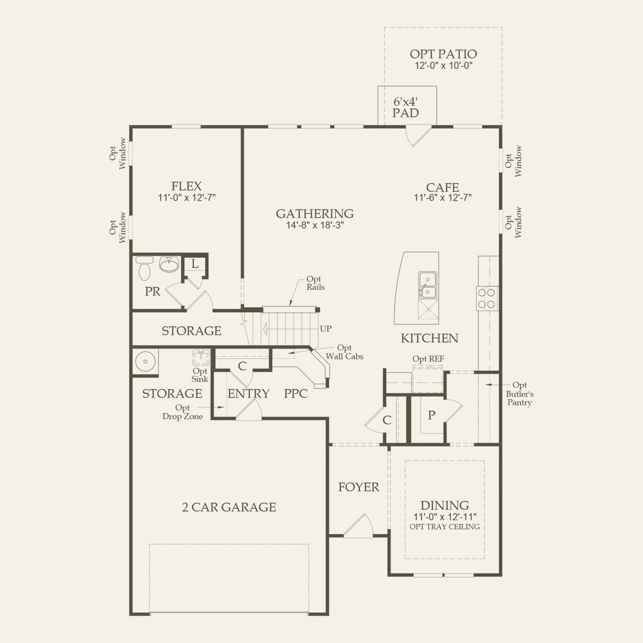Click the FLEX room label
[x=187, y=186]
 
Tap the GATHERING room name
[x=315, y=214]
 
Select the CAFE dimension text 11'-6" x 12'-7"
[x=442, y=198]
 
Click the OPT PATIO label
[x=443, y=54]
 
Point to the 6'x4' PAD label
[x=406, y=107]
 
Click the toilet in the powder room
[x=144, y=269]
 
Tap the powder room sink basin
[x=169, y=265]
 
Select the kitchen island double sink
[x=428, y=285]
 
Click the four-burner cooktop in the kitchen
[x=487, y=298]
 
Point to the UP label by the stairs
[x=326, y=329]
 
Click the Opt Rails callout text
[x=315, y=283]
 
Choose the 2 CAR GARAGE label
[x=229, y=507]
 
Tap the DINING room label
[x=444, y=505]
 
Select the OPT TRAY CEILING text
[x=444, y=527]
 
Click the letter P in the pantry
[x=431, y=415]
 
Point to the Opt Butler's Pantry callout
[x=519, y=394]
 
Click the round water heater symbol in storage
[x=145, y=361]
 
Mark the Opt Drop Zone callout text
[x=183, y=412]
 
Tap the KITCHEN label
[x=429, y=338]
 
